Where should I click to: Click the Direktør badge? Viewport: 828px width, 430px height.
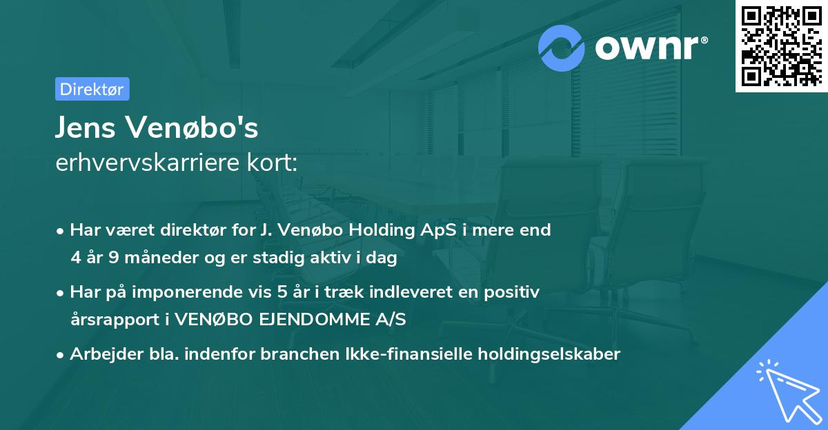pos(92,89)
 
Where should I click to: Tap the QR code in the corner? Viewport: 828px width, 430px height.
pos(781,46)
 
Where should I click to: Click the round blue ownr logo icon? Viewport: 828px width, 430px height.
pos(562,48)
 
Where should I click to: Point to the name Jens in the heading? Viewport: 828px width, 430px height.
pos(87,127)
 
